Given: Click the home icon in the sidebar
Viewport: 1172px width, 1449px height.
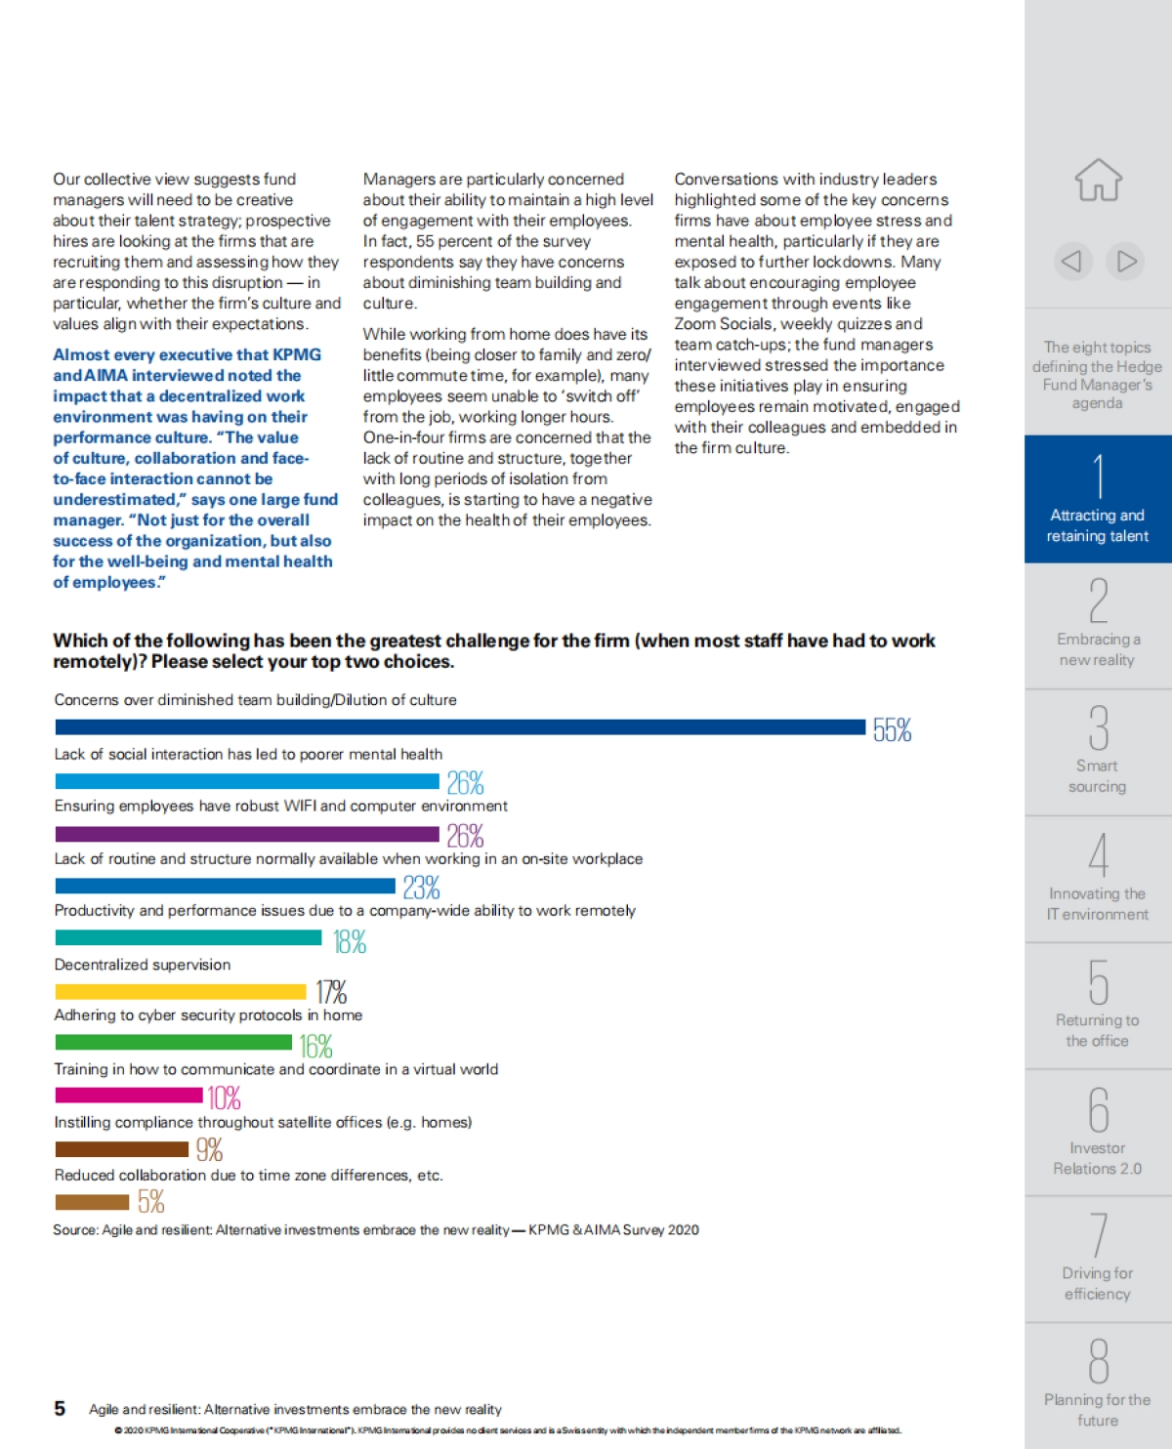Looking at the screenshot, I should pyautogui.click(x=1098, y=181).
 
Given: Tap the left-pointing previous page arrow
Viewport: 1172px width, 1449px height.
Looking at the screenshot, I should pyautogui.click(x=1071, y=261).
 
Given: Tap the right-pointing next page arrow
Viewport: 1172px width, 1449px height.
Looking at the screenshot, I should pyautogui.click(x=1126, y=261).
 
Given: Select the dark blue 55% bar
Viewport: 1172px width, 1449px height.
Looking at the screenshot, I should pyautogui.click(x=460, y=726).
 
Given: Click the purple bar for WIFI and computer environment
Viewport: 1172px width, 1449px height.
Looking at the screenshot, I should pyautogui.click(x=247, y=834).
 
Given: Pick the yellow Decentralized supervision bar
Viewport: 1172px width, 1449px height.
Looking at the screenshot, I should pyautogui.click(x=181, y=992).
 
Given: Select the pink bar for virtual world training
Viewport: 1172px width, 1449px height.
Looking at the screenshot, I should pyautogui.click(x=129, y=1096).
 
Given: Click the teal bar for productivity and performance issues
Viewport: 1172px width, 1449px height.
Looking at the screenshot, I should pyautogui.click(x=188, y=937).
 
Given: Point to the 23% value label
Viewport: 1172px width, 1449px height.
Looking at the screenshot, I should pyautogui.click(x=421, y=888).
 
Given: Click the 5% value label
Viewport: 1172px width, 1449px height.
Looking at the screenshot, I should pyautogui.click(x=150, y=1201).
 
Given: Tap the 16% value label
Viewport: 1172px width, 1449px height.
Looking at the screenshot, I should pyautogui.click(x=315, y=1046).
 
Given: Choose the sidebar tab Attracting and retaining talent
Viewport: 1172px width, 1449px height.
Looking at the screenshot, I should pyautogui.click(x=1098, y=499).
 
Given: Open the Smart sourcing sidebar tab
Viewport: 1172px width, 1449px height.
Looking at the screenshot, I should pyautogui.click(x=1098, y=752).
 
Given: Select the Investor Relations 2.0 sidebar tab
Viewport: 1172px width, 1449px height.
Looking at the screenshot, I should pyautogui.click(x=1098, y=1133).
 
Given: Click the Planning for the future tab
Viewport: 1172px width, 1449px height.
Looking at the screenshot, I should pyautogui.click(x=1098, y=1386).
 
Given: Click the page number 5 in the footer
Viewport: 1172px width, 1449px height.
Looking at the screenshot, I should pyautogui.click(x=60, y=1408).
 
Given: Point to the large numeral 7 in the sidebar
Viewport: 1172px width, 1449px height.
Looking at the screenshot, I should pyautogui.click(x=1099, y=1234).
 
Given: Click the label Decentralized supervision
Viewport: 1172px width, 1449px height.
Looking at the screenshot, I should pyautogui.click(x=143, y=965).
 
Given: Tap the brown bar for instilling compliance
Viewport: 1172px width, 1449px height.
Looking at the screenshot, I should pyautogui.click(x=122, y=1149).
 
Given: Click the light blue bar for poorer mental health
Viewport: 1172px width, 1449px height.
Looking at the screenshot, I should pyautogui.click(x=247, y=781).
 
